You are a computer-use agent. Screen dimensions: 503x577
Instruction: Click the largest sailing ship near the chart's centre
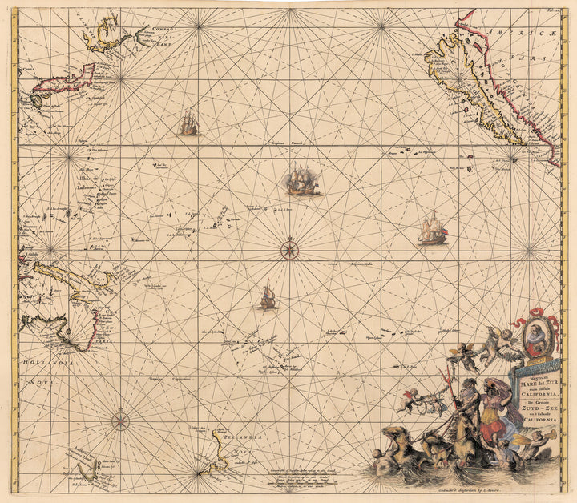303,180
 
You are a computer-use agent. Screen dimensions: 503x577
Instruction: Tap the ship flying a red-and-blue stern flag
432,230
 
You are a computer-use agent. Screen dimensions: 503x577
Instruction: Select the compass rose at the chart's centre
288,250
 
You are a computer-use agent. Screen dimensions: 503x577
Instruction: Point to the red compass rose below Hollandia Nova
120,419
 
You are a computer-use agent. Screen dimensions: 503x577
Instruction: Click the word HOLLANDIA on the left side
49,363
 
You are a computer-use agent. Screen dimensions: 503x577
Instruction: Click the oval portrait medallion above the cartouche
539,336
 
